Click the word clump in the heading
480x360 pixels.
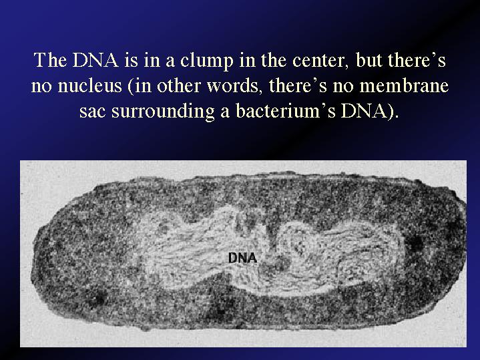tap(206, 61)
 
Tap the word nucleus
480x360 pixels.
tap(89, 85)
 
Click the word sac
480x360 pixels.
tap(92, 112)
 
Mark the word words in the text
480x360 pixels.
tap(232, 85)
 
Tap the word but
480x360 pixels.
tap(369, 61)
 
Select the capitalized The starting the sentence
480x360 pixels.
tap(50, 60)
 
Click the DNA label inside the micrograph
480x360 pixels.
tap(243, 258)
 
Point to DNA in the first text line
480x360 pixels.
tap(96, 60)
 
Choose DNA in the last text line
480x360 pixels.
tap(365, 111)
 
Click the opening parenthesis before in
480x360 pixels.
tap(130, 86)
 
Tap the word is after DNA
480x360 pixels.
tap(131, 60)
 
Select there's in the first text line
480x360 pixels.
tap(417, 60)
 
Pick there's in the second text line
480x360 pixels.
tap(298, 85)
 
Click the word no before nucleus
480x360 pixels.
tap(41, 87)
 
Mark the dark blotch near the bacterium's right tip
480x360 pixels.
tap(415, 242)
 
